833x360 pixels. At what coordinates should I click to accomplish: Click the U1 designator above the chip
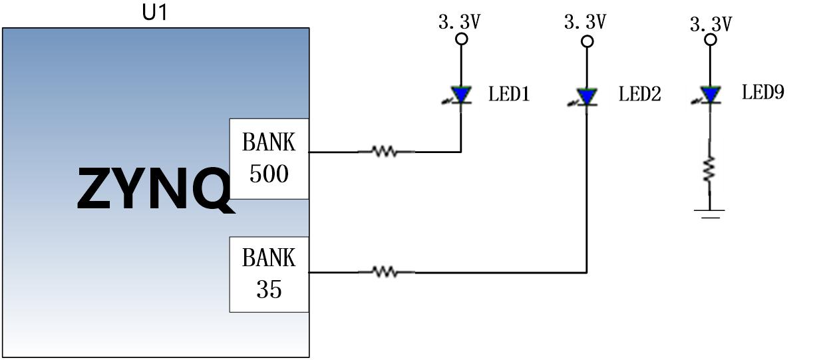point(155,13)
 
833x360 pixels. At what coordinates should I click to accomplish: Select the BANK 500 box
point(269,159)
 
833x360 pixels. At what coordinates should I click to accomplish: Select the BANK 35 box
point(269,274)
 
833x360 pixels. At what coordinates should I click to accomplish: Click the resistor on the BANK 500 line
point(385,151)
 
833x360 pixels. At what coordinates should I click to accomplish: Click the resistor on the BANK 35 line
point(385,272)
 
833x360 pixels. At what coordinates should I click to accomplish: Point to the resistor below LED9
point(709,169)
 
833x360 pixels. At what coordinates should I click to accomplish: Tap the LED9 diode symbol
point(709,95)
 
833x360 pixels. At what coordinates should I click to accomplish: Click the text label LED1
point(509,93)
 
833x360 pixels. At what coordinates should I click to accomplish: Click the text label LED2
point(639,93)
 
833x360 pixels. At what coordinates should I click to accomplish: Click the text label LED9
point(763,92)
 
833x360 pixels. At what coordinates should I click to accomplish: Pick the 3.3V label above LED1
point(460,21)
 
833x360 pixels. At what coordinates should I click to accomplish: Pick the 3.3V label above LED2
point(585,21)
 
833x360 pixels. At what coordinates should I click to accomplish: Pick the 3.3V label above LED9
point(711,24)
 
